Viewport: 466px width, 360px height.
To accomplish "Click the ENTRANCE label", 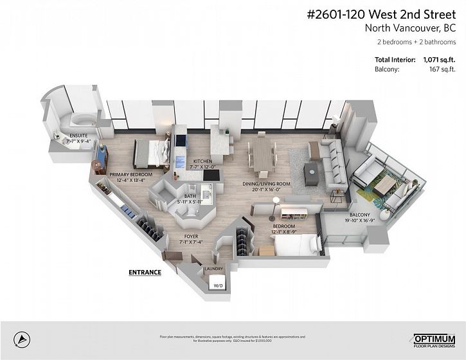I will [x=145, y=272].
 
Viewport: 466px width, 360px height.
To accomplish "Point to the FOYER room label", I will [x=173, y=237].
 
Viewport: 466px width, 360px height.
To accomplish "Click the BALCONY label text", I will [x=359, y=215].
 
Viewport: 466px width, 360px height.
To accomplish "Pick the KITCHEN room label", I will [x=203, y=161].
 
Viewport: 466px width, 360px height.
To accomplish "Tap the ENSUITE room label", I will [x=78, y=136].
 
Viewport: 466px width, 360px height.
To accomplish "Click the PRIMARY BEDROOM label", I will [x=130, y=174].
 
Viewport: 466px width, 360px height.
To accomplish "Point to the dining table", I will [x=264, y=155].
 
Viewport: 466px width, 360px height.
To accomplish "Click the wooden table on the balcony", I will [x=386, y=186].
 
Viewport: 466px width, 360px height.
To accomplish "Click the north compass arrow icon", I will [x=22, y=337].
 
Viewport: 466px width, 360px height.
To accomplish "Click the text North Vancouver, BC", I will [x=410, y=28].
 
